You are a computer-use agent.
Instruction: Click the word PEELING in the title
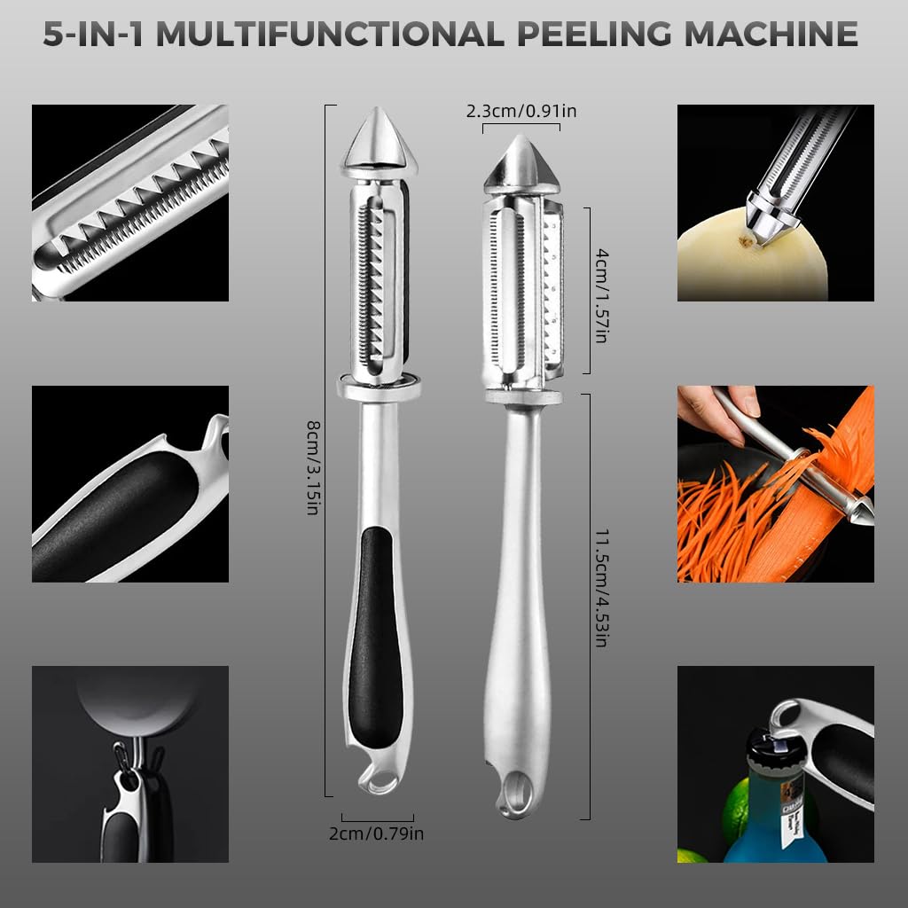[593, 35]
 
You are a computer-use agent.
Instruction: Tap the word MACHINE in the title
[771, 35]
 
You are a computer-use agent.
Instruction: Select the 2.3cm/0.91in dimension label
[521, 111]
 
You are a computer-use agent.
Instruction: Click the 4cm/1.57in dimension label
[602, 295]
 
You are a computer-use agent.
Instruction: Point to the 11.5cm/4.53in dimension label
[602, 587]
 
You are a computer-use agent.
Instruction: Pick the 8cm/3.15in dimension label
[313, 467]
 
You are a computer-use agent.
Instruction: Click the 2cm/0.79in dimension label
[376, 834]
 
